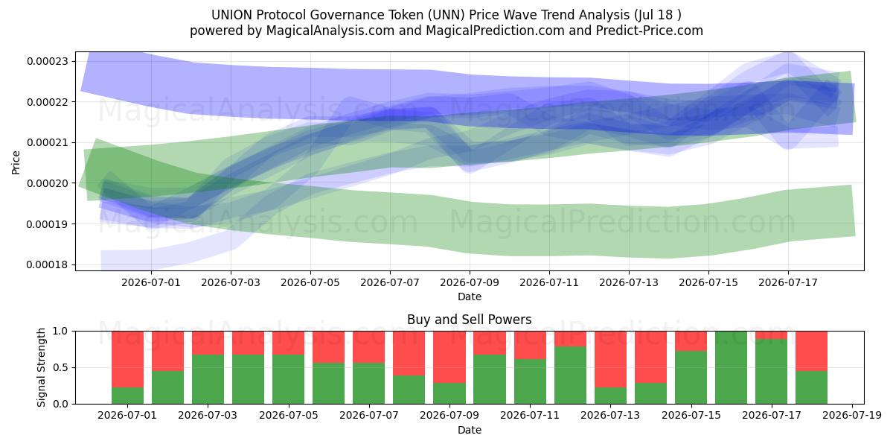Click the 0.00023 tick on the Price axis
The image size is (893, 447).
tap(48, 61)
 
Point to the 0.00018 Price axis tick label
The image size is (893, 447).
tap(48, 265)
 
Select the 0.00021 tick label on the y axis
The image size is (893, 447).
tap(48, 143)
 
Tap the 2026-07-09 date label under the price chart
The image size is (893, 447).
tap(470, 282)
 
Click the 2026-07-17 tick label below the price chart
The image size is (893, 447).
tap(788, 282)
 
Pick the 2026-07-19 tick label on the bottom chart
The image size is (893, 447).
tap(852, 415)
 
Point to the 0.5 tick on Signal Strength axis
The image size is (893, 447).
tap(60, 367)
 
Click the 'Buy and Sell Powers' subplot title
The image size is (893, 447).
tap(470, 320)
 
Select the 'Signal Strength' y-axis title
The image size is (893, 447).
tap(41, 367)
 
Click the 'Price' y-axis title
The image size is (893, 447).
tap(16, 162)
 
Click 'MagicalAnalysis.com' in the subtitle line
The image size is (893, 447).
tap(330, 31)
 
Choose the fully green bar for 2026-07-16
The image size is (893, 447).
tap(731, 367)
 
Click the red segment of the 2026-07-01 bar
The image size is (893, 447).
tap(127, 359)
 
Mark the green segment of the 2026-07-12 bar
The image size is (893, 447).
tap(571, 375)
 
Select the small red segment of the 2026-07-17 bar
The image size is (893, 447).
tap(772, 335)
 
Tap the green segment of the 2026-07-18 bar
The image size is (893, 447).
tap(812, 387)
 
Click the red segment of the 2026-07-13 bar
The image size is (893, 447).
tap(610, 359)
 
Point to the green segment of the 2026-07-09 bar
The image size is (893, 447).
tap(449, 393)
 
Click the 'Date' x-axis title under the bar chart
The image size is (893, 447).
tap(470, 430)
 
